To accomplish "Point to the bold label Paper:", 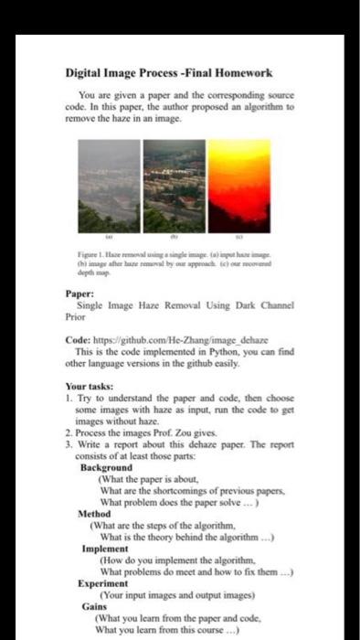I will point(79,294).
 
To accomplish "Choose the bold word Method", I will point(97,514).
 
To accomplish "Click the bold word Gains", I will point(93,607).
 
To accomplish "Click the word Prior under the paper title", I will point(76,316).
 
